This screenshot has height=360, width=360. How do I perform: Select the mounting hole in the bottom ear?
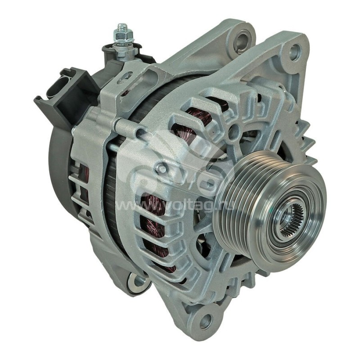pyautogui.click(x=206, y=321)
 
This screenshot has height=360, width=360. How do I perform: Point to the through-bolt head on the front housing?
pyautogui.click(x=161, y=168)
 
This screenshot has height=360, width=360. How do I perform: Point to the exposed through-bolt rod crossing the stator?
pyautogui.click(x=113, y=145)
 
